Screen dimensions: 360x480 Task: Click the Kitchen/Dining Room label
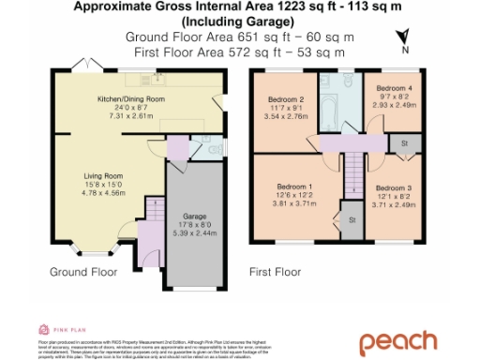click(131, 97)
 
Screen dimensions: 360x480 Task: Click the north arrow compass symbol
click(402, 38)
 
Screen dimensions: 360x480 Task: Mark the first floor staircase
click(352, 175)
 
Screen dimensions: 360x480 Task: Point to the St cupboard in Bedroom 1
click(352, 218)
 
